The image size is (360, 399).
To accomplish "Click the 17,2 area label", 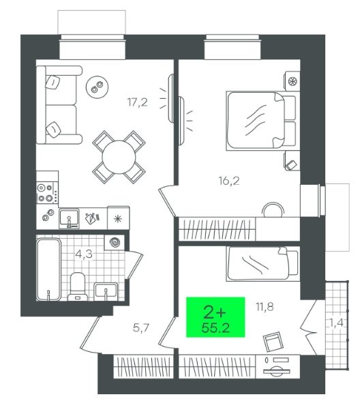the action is click(137, 102).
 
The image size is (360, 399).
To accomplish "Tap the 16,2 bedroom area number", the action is click(229, 181).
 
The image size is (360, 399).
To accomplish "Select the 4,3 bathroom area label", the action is click(84, 254).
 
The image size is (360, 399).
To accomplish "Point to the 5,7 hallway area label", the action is click(141, 328).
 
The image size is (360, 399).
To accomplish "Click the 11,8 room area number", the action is click(265, 307).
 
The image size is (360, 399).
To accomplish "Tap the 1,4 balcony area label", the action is click(337, 323).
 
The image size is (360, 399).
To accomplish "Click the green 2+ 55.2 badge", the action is click(215, 317).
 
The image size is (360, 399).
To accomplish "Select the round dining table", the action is click(119, 157).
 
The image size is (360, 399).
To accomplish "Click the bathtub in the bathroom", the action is click(48, 269).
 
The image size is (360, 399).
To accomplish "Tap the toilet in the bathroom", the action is click(78, 286).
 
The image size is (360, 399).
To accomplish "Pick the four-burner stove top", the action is click(46, 193).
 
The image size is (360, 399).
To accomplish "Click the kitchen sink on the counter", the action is click(69, 218).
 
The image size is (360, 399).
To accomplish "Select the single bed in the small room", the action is click(262, 264).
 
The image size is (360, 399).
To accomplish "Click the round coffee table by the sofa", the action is click(97, 86).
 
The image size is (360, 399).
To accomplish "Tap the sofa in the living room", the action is click(59, 105).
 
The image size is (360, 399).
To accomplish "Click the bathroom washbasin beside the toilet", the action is click(106, 292).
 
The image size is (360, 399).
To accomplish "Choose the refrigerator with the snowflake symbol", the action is click(119, 218).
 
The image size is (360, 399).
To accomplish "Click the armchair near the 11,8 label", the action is click(273, 342).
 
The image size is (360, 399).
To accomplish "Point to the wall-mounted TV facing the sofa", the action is click(171, 98).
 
